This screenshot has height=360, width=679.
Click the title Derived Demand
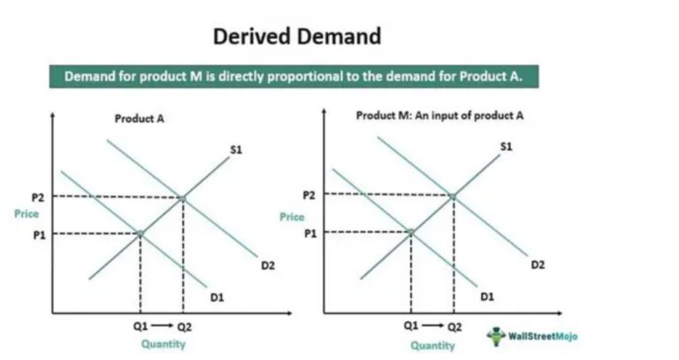[x=297, y=36]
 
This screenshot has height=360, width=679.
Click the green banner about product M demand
[x=293, y=77]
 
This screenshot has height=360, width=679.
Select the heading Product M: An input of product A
[x=429, y=116]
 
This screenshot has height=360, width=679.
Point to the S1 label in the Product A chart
[x=236, y=150]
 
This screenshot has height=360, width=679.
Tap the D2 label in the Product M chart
[x=538, y=264]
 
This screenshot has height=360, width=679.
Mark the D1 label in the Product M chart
[x=487, y=296]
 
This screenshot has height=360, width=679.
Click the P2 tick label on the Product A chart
[x=36, y=197]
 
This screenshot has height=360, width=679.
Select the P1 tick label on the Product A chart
[x=36, y=234]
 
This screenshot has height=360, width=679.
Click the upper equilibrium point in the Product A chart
[x=183, y=197]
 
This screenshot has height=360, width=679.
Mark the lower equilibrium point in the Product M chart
[x=411, y=232]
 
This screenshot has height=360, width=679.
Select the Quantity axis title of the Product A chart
[x=164, y=344]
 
